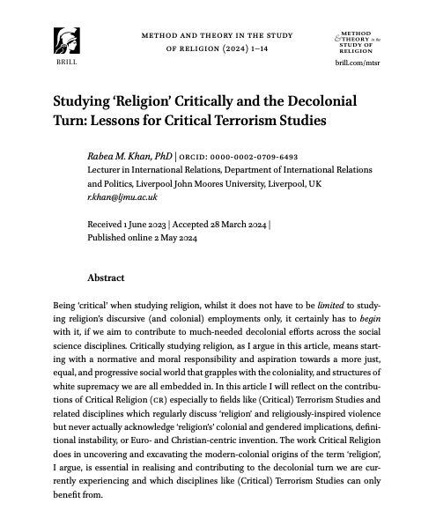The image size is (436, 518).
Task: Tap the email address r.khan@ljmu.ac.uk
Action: coord(122,197)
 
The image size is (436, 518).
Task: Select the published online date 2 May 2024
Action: coord(175,238)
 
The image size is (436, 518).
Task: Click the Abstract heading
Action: coord(106,277)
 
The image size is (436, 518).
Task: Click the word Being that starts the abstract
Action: coord(68,304)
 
